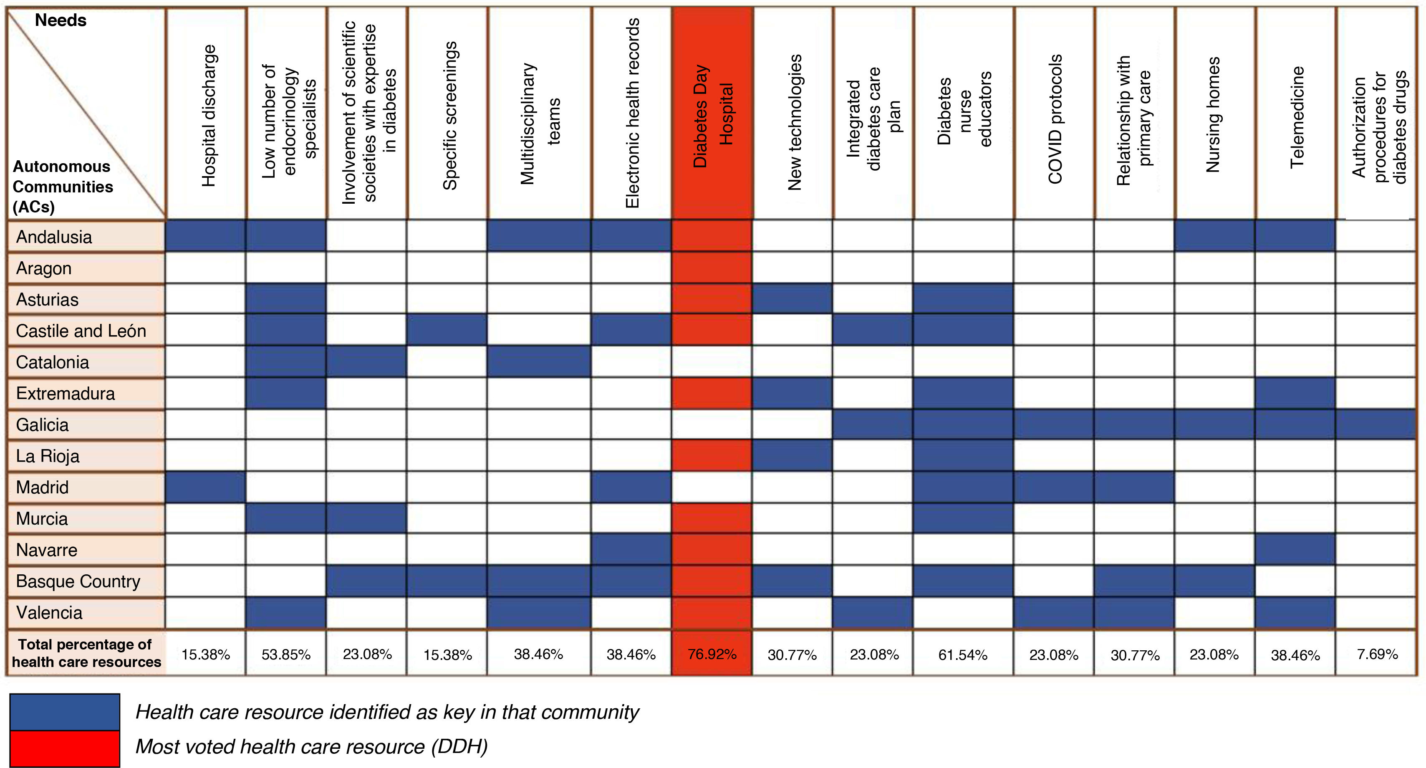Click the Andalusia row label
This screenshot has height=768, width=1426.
pos(54,237)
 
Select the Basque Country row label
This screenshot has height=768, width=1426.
pos(78,581)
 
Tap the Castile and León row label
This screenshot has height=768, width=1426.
pos(81,331)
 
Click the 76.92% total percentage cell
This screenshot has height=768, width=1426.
pos(712,654)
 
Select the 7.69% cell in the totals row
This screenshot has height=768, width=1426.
pos(1377,654)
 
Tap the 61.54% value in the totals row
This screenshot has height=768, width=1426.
pos(963,655)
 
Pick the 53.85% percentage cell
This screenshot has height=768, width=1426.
pos(285,655)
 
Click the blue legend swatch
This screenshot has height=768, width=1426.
pos(65,712)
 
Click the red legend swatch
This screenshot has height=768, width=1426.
pos(65,749)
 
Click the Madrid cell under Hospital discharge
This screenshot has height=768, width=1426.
pos(205,487)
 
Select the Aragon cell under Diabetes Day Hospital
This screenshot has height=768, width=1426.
pos(712,268)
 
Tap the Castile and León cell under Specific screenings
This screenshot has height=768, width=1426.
pos(447,331)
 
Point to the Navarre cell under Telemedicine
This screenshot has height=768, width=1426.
pos(1295,550)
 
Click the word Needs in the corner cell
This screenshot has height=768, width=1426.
pos(61,20)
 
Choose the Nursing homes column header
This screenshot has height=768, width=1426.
pos(1214,115)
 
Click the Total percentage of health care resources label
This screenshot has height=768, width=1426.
pos(86,653)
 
